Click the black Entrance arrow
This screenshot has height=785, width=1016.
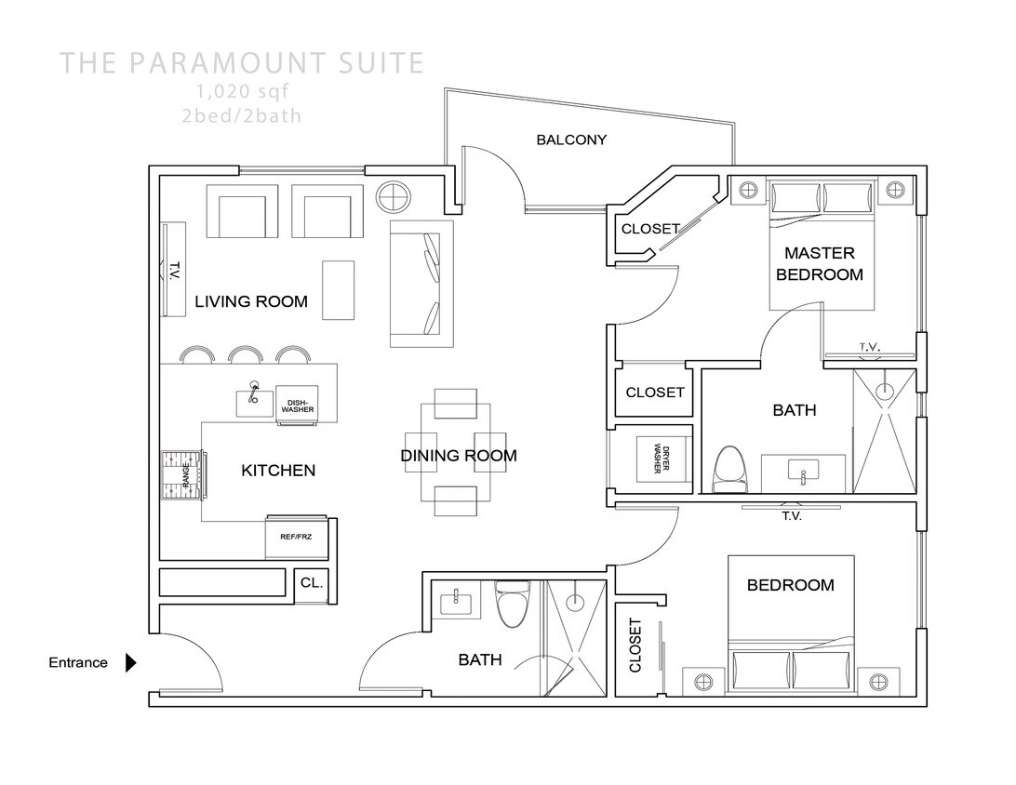pos(131,663)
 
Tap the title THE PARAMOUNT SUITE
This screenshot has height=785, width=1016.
pos(242,63)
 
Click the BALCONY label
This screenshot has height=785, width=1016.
pos(571,140)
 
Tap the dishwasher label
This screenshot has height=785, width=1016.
pos(298,406)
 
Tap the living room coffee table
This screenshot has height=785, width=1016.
pos(338,288)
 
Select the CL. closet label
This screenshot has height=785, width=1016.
pos(311,584)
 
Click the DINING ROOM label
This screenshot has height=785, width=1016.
pos(458,456)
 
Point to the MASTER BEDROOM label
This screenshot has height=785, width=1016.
pos(819,263)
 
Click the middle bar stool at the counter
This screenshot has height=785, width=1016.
pos(245,355)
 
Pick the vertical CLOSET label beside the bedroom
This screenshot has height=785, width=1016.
pos(635,645)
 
